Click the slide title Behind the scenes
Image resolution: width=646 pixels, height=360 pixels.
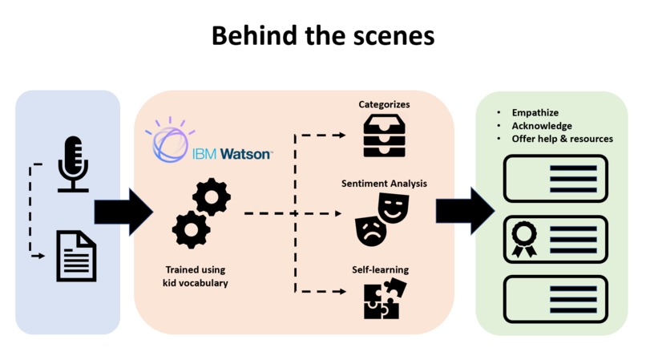click(323, 35)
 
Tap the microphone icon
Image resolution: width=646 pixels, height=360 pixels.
click(73, 164)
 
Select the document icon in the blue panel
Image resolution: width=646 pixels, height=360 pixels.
click(75, 256)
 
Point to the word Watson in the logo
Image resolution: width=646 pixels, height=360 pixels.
click(246, 154)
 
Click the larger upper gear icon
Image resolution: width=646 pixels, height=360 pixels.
click(212, 196)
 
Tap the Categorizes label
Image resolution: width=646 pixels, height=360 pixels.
click(384, 105)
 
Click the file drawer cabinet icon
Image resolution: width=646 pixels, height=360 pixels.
click(384, 136)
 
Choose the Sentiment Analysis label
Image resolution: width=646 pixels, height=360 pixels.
click(383, 183)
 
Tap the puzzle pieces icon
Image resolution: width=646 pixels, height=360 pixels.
click(384, 299)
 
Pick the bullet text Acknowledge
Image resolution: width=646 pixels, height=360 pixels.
click(542, 126)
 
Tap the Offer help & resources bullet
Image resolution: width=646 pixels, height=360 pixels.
click(562, 139)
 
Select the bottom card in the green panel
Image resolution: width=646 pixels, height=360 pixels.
click(555, 297)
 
